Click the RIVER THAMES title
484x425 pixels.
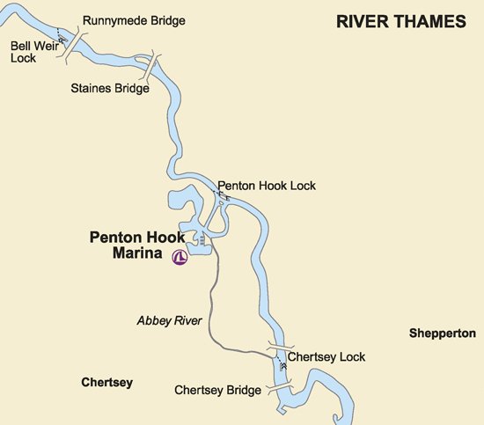tap(400, 22)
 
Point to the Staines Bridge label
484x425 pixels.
tap(109, 88)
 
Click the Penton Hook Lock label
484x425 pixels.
tap(267, 186)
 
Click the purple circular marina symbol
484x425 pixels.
tap(180, 259)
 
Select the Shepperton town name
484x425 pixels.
tap(442, 333)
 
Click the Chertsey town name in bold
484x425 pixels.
tap(106, 383)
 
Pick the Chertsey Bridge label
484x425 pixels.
tap(217, 390)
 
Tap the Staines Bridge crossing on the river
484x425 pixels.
tap(152, 69)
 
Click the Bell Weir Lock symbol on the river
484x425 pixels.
tap(62, 40)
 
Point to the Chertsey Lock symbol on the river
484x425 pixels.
tap(282, 363)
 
